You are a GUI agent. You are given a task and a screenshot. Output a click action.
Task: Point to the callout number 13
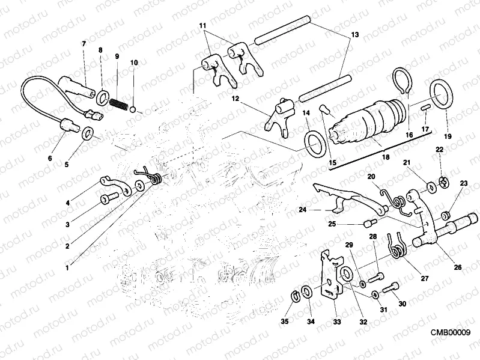coord(354,35)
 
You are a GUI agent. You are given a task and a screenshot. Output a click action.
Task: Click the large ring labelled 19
coord(442,96)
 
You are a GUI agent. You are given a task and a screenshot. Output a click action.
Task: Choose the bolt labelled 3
coord(108,198)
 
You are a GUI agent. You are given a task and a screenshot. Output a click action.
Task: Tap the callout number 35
coord(285,322)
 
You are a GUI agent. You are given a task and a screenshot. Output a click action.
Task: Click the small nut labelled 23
coord(446,215)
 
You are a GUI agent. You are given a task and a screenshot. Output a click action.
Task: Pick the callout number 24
coord(301,210)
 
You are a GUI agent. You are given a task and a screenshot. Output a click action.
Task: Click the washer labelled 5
coord(88,133)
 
